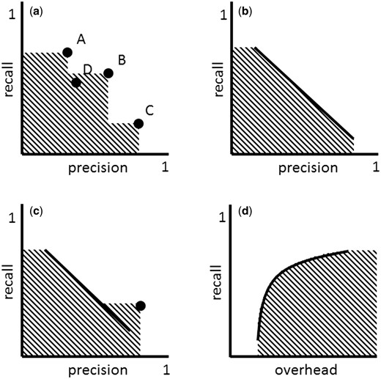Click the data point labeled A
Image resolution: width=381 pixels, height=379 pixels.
click(67, 52)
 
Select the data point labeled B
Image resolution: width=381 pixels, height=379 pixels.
click(108, 73)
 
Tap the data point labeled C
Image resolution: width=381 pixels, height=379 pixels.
click(138, 123)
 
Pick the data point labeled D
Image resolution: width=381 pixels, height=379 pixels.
click(76, 82)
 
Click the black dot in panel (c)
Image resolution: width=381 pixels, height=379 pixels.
click(140, 305)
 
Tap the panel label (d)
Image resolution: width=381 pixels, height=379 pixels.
click(245, 213)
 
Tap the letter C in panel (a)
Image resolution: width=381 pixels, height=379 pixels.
click(149, 111)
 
